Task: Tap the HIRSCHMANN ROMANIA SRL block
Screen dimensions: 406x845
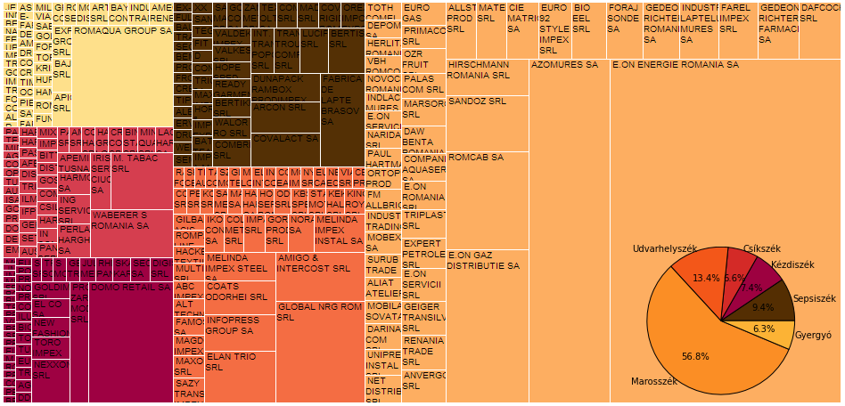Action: tap(487, 77)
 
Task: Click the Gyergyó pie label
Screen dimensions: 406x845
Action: tap(812, 336)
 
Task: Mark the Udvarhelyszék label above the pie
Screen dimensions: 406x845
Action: tap(665, 248)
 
